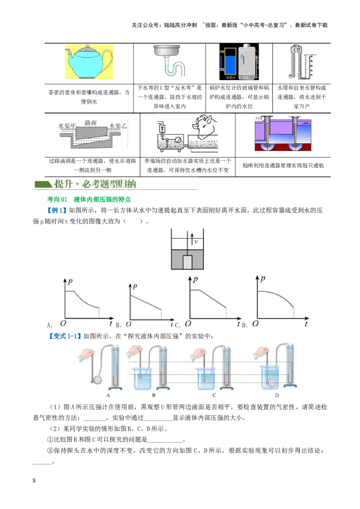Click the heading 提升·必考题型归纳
point(95,184)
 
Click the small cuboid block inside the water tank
point(188,263)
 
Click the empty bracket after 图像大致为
point(134,221)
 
